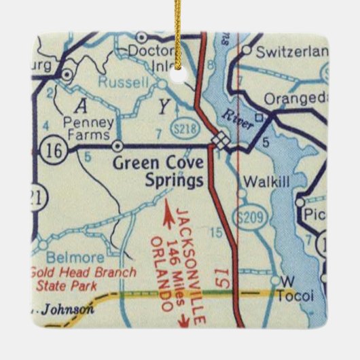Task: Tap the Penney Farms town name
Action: (x=87, y=130)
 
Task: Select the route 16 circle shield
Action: (x=53, y=149)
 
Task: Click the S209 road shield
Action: (x=252, y=217)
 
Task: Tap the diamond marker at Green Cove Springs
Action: (x=219, y=139)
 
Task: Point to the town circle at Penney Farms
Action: (x=118, y=145)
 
